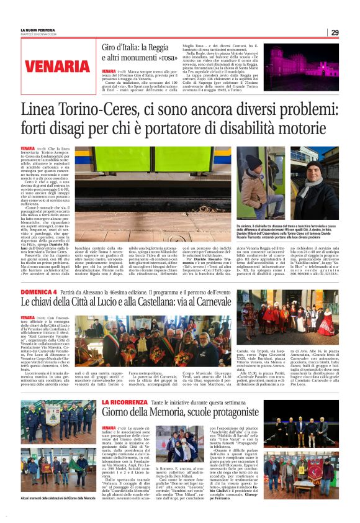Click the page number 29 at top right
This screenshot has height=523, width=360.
(x=335, y=32)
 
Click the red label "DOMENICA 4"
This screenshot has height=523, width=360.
(x=40, y=291)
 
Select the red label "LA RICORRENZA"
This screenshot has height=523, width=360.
(x=122, y=385)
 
